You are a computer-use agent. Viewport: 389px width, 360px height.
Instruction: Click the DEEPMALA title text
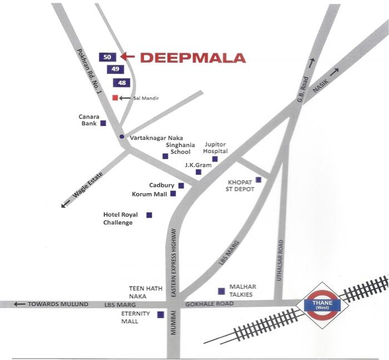pos(192,57)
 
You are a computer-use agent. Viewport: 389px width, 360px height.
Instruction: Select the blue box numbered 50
pos(108,56)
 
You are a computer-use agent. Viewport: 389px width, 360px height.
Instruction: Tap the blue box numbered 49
pos(116,69)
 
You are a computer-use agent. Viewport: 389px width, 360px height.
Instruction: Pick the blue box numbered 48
pos(122,82)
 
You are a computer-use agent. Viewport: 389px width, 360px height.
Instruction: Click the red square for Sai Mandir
pos(115,97)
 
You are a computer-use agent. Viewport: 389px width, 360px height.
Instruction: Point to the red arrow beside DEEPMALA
pos(127,56)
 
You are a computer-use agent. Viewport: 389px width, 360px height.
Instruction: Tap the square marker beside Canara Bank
pos(103,124)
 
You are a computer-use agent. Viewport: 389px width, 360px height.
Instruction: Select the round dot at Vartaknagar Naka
pos(122,136)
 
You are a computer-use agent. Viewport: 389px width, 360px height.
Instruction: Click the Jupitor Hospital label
pos(216,147)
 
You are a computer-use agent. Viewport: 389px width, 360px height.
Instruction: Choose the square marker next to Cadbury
pos(181,185)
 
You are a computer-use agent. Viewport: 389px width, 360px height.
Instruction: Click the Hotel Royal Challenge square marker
pos(149,215)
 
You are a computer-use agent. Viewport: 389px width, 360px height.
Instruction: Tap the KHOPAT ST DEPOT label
pos(241,185)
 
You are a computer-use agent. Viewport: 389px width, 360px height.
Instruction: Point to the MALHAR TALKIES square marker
pos(221,290)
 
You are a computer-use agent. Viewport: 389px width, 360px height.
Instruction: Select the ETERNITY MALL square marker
pos(161,314)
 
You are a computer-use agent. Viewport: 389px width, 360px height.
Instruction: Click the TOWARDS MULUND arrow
pos(20,304)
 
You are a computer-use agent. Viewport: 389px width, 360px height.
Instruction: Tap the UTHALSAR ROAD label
pos(281,260)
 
